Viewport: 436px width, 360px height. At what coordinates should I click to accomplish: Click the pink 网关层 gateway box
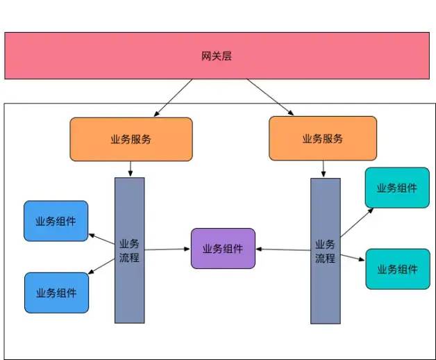[218, 56]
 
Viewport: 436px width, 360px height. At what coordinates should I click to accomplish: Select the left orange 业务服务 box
[131, 139]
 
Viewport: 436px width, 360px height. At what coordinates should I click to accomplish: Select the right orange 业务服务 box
[323, 138]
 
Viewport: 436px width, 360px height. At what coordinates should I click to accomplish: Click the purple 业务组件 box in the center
[223, 248]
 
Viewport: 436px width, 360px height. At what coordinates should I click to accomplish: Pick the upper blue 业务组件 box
[56, 221]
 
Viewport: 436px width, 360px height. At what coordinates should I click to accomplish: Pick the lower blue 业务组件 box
[56, 293]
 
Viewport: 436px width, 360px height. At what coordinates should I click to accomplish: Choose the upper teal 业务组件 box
[397, 188]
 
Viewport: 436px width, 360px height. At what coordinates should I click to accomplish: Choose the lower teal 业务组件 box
[397, 269]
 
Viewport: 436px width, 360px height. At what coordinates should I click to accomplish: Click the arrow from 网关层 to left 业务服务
[174, 97]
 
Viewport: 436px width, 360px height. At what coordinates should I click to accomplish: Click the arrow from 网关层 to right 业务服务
[269, 97]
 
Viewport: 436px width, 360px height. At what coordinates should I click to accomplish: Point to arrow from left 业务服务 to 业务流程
[130, 169]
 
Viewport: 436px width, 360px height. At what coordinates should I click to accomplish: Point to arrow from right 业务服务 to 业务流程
[323, 169]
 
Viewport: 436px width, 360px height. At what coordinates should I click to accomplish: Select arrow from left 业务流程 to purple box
[167, 248]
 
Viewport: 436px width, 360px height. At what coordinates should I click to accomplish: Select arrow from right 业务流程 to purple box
[283, 249]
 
